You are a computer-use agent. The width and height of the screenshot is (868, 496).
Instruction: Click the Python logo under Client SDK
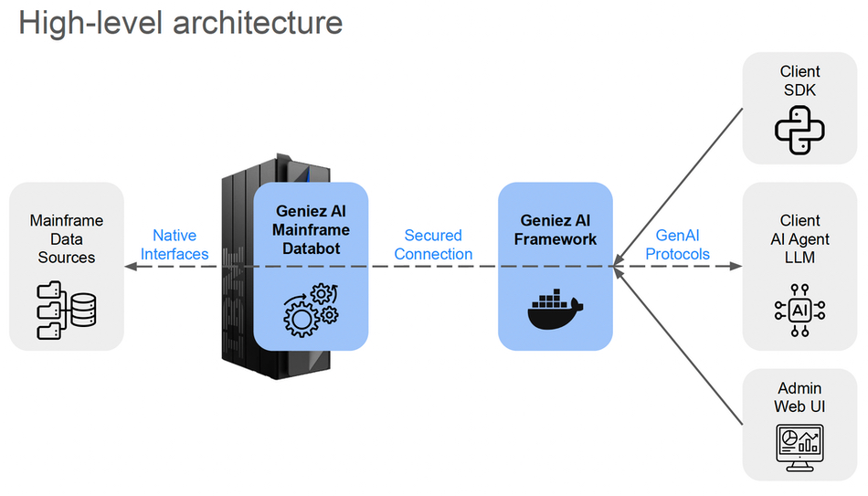[799, 131]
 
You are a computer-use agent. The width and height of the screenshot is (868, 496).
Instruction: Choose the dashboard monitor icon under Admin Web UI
[799, 447]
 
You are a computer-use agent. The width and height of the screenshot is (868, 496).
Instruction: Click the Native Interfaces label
[175, 245]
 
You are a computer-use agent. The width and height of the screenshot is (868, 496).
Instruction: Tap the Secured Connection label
[433, 245]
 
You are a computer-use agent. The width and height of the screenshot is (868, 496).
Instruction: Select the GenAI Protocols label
[677, 245]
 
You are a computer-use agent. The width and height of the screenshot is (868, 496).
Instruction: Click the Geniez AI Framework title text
[555, 230]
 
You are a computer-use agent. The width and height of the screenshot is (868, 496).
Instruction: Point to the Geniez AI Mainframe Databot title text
[311, 230]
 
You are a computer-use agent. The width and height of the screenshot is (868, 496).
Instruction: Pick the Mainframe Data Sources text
[67, 238]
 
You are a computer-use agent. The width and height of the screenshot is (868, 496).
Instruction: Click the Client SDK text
[799, 80]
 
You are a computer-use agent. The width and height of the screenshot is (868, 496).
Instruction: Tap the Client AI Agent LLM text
[799, 238]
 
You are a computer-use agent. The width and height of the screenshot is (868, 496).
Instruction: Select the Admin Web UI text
[799, 397]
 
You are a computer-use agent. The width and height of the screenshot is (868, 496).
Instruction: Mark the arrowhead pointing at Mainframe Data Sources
[131, 266]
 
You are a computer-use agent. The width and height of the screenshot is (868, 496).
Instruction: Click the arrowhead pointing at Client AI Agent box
[736, 266]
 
